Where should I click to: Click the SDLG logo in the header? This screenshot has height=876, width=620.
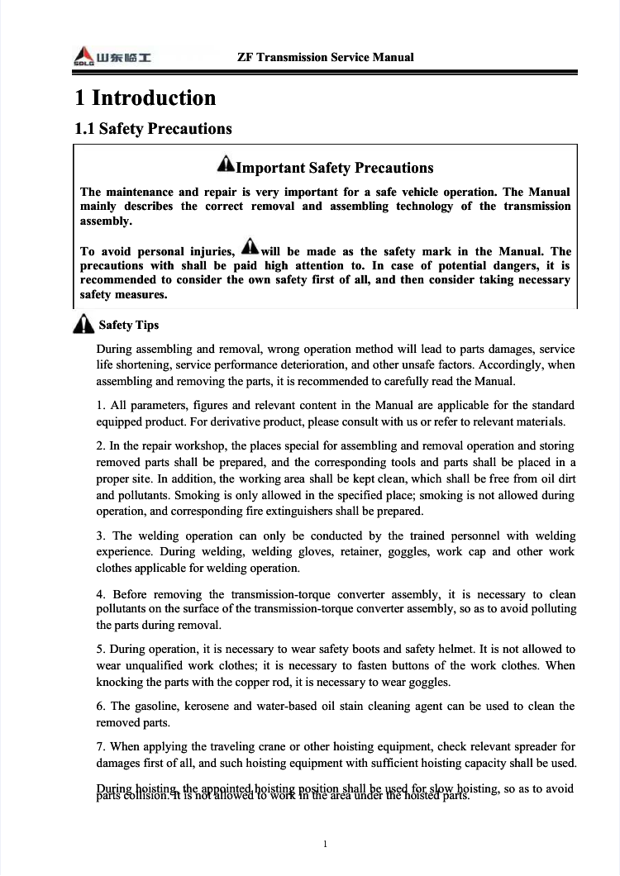point(112,58)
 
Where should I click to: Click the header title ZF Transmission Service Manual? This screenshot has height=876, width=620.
point(325,57)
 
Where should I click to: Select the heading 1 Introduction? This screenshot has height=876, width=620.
point(145,98)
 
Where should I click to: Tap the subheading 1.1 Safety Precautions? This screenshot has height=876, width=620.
point(153,129)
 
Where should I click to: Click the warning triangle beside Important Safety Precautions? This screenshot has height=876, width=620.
point(226,166)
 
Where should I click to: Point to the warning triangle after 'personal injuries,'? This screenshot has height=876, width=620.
point(249,247)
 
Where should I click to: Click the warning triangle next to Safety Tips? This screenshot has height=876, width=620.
point(83,326)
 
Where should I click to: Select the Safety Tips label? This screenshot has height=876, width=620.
point(129,326)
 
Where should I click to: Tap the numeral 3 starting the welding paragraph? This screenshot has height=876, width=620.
point(100,536)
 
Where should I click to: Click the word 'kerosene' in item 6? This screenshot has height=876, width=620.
point(217,707)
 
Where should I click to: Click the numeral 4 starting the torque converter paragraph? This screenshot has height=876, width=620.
point(100,595)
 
